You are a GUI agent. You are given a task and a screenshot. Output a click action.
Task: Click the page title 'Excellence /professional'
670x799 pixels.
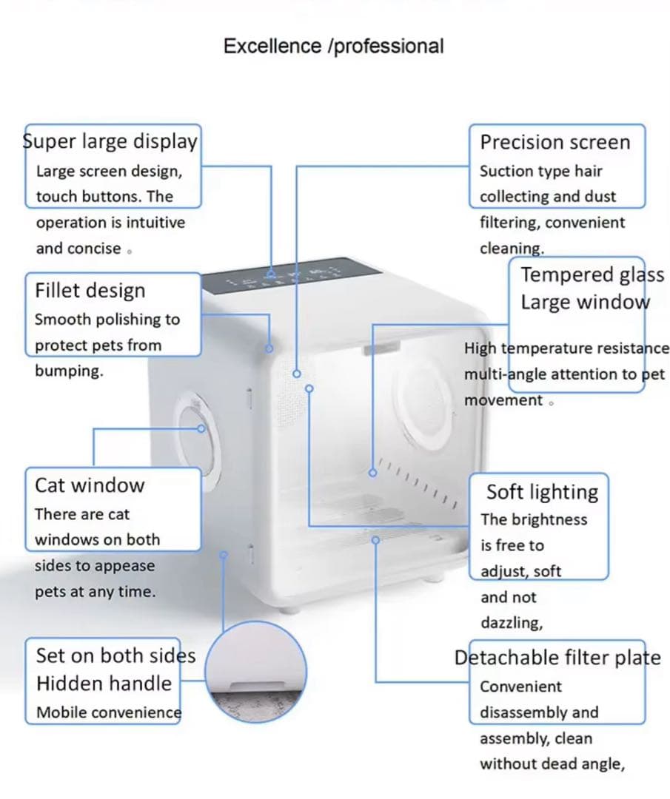point(333,46)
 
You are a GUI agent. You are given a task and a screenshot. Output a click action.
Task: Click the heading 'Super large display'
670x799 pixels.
point(111,141)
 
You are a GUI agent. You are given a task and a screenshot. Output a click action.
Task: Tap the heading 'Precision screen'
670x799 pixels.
point(555,142)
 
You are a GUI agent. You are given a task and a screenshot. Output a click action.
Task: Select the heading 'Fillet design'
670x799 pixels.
point(90,291)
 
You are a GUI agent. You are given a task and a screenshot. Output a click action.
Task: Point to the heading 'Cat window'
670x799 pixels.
point(90,485)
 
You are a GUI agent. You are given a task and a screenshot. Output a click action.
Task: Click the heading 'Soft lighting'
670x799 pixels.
point(542,492)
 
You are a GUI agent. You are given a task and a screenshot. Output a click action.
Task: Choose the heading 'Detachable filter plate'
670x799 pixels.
point(557,658)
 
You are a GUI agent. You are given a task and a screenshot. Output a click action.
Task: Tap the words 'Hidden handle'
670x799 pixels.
point(104,684)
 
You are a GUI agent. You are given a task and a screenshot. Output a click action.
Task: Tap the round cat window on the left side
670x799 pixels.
point(194,429)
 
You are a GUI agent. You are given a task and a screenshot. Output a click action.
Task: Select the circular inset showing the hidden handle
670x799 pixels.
point(255,671)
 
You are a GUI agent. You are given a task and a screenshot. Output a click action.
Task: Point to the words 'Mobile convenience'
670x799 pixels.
point(108,712)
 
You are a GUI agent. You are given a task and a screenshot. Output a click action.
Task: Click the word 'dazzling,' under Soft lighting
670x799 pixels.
point(512,623)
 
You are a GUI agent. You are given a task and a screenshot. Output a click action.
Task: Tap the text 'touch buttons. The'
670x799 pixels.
point(104,197)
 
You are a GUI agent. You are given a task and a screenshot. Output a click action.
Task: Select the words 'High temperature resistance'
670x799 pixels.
point(566,348)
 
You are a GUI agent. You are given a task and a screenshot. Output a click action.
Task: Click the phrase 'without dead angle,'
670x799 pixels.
point(552,764)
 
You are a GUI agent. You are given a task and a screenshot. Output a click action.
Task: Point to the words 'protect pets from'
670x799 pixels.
point(98,345)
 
